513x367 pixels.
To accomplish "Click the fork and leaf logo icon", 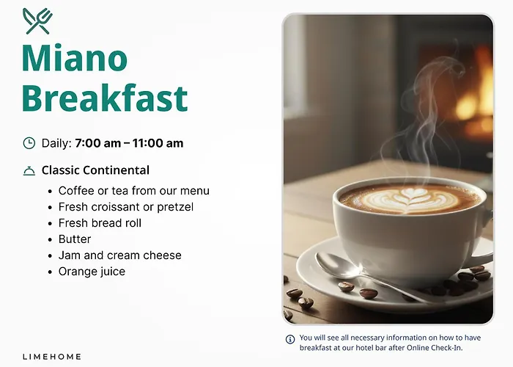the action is point(37,21).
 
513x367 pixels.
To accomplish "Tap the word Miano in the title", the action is point(75,58).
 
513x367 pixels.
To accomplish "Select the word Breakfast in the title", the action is point(105,98).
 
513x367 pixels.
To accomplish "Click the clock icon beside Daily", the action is point(29,143).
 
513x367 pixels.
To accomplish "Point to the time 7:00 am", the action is point(97,143).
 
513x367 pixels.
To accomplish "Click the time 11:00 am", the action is point(158,143).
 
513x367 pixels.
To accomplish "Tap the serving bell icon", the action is point(29,171).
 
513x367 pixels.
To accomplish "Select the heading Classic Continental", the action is point(95,170).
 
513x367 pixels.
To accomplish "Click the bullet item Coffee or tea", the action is point(134,191).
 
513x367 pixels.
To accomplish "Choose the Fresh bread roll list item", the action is point(100,223).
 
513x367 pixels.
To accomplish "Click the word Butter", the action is point(75,239).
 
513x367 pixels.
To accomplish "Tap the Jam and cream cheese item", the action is point(119,255).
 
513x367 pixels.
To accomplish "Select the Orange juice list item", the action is point(92,272).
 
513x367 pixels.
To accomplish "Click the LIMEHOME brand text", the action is point(52,357).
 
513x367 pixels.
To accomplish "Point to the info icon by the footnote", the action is point(290,339).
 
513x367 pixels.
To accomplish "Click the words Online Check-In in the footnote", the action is point(435,348).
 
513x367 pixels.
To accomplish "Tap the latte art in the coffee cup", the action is point(410,200).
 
